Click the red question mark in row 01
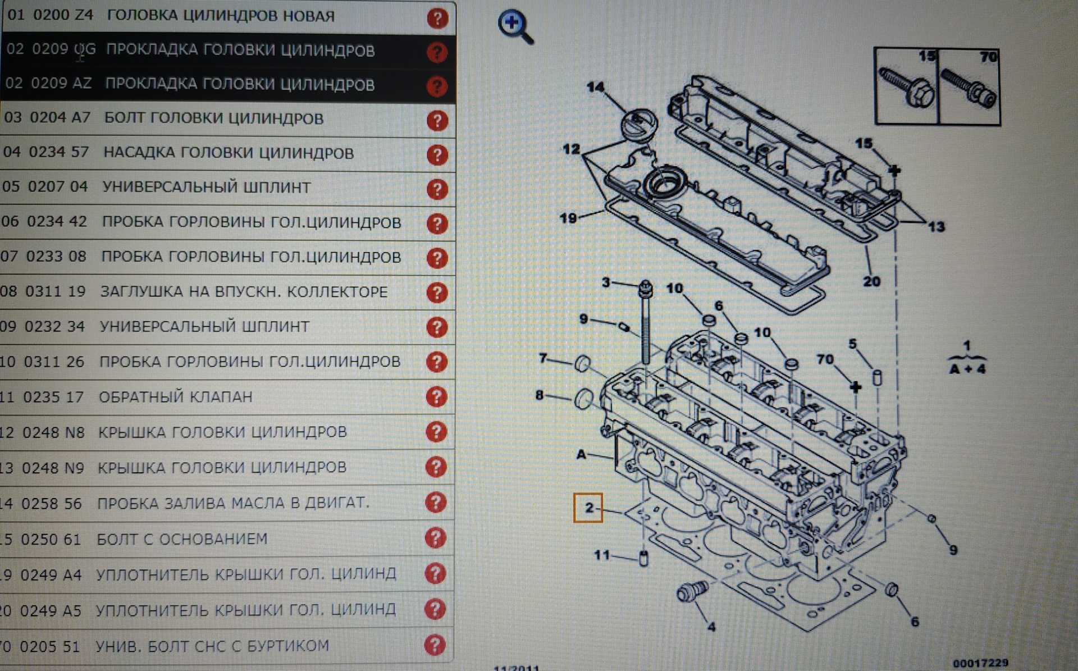pos(437,18)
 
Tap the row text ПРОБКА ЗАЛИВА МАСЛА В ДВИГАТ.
pos(233,503)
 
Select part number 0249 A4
pos(51,575)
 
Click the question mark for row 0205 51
pos(435,645)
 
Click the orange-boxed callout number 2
pos(588,508)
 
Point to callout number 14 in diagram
pos(595,87)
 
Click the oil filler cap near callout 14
pos(639,124)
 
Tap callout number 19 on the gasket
pos(568,218)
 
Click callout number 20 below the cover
pos(871,281)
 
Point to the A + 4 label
pos(967,369)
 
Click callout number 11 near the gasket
pos(601,555)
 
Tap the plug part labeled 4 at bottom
pos(692,591)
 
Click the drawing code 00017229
pos(980,663)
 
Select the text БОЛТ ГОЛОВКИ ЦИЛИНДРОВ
pos(213,118)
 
